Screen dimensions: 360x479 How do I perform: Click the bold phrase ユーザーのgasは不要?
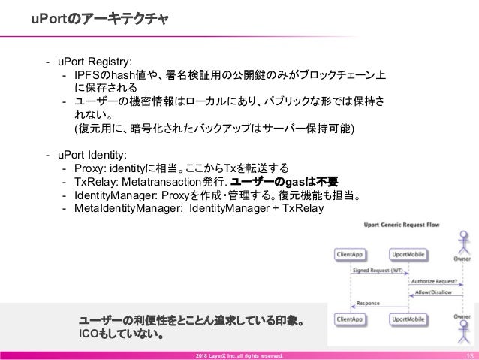tap(285, 183)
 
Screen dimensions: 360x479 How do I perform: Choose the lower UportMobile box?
tap(407, 319)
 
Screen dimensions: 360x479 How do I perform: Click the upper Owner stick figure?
tap(462, 244)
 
